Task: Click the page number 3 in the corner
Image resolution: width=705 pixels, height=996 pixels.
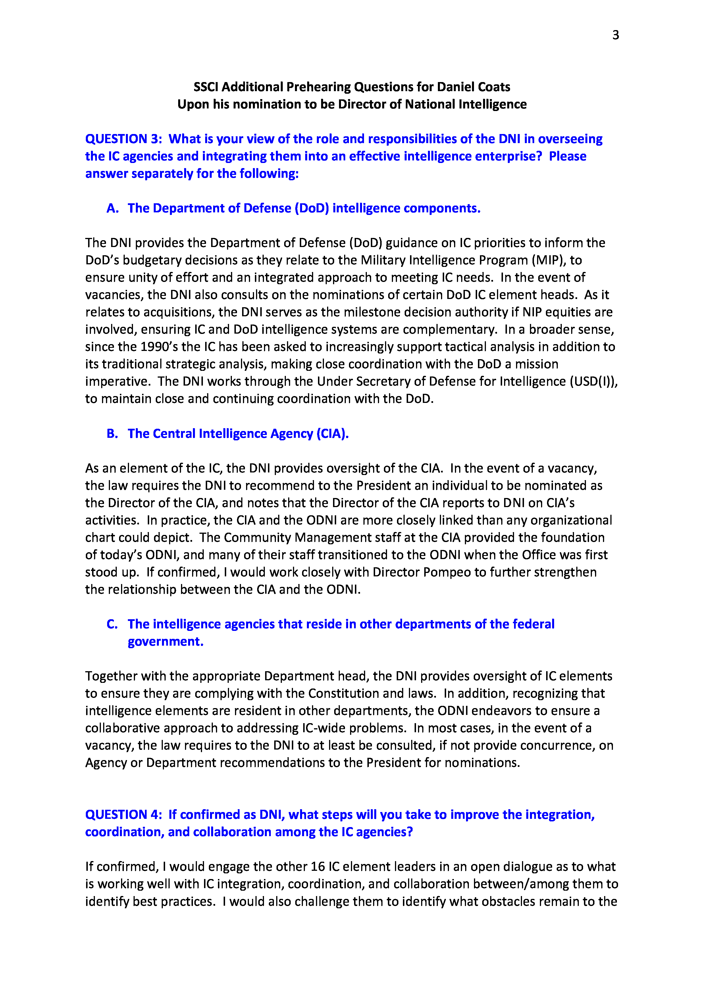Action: tap(615, 35)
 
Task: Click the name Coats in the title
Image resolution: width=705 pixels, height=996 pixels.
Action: tap(492, 87)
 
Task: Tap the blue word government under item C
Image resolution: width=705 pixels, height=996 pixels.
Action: tap(165, 642)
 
